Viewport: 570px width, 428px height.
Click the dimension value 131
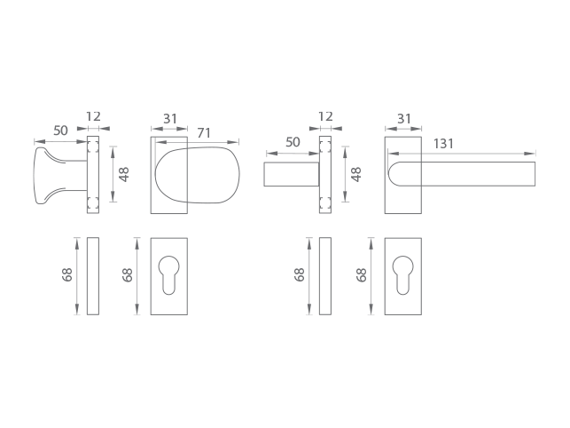(x=443, y=144)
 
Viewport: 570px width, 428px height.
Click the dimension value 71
(x=204, y=133)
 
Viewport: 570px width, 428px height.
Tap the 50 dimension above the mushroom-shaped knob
(x=60, y=131)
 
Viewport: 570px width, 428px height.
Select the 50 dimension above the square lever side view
(x=293, y=142)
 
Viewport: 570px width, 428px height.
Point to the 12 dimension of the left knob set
(x=93, y=116)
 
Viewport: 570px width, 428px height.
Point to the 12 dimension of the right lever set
(x=325, y=116)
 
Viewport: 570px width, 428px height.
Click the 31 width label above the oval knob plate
(x=170, y=119)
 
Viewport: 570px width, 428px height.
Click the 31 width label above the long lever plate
(x=404, y=119)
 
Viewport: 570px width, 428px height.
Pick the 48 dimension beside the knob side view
(x=124, y=174)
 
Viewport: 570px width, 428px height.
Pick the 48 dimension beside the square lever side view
(x=356, y=174)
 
